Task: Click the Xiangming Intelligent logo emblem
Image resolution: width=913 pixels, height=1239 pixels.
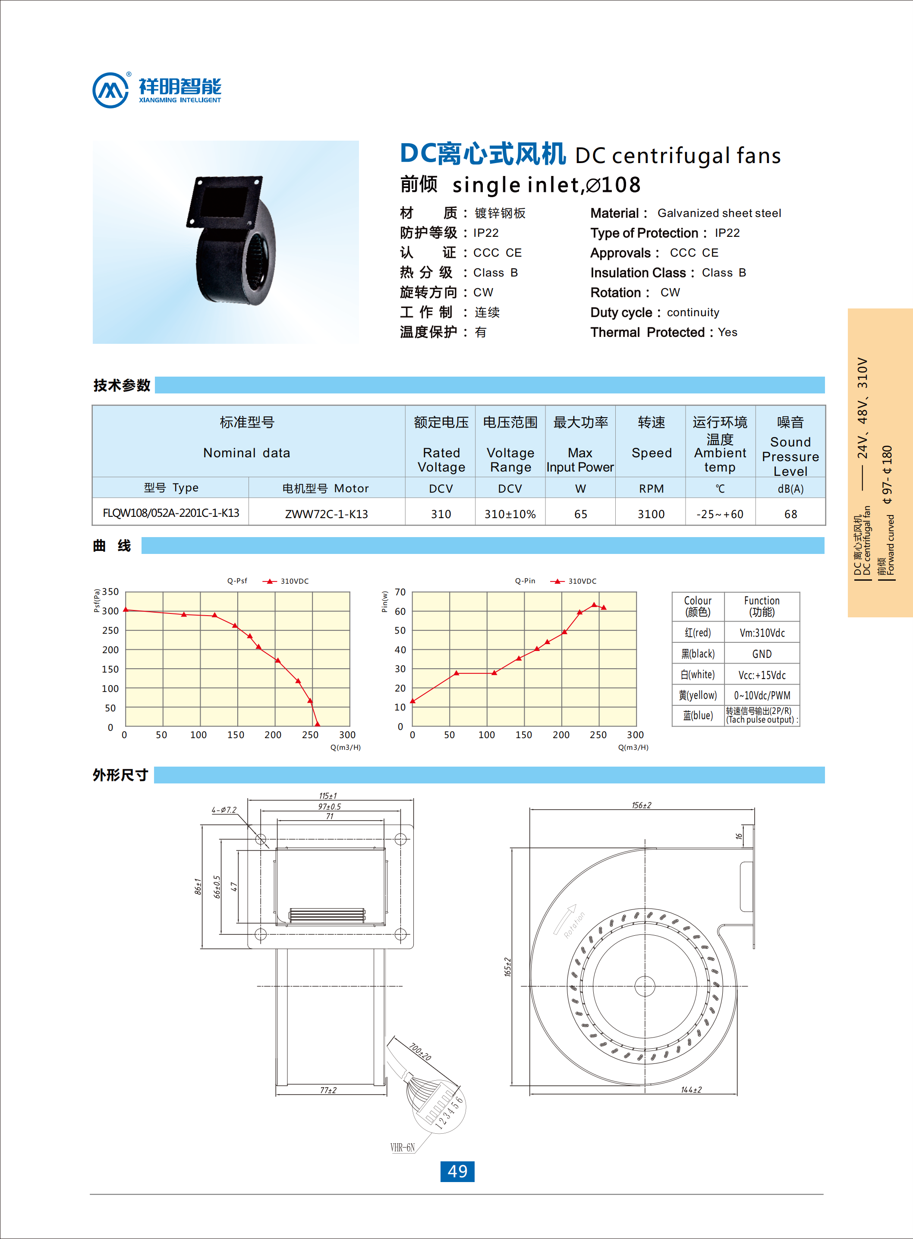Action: [110, 90]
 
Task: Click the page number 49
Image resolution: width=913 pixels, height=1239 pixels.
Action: [457, 1171]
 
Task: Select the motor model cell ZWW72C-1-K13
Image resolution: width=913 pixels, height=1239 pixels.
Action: [326, 514]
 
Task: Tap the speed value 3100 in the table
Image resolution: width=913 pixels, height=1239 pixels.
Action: [651, 514]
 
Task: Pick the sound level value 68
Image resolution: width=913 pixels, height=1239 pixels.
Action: [790, 514]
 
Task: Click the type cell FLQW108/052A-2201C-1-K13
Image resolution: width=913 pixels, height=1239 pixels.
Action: [171, 513]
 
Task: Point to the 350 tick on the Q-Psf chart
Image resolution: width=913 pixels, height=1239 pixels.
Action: [110, 591]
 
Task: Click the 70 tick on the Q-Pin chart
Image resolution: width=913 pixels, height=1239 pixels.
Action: [400, 592]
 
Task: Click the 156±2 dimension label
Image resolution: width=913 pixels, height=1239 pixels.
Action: [641, 805]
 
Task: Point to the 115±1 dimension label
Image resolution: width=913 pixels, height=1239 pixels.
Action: [328, 796]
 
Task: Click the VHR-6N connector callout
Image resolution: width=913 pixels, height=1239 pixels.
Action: [402, 1147]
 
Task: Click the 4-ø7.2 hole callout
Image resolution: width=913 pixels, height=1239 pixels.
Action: [224, 810]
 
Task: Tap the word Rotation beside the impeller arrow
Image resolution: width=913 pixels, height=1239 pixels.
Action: [574, 925]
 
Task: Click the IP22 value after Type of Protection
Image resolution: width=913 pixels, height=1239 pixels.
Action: [727, 233]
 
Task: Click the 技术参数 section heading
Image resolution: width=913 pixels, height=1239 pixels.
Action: [122, 385]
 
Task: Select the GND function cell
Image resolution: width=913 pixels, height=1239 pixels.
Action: [762, 654]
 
